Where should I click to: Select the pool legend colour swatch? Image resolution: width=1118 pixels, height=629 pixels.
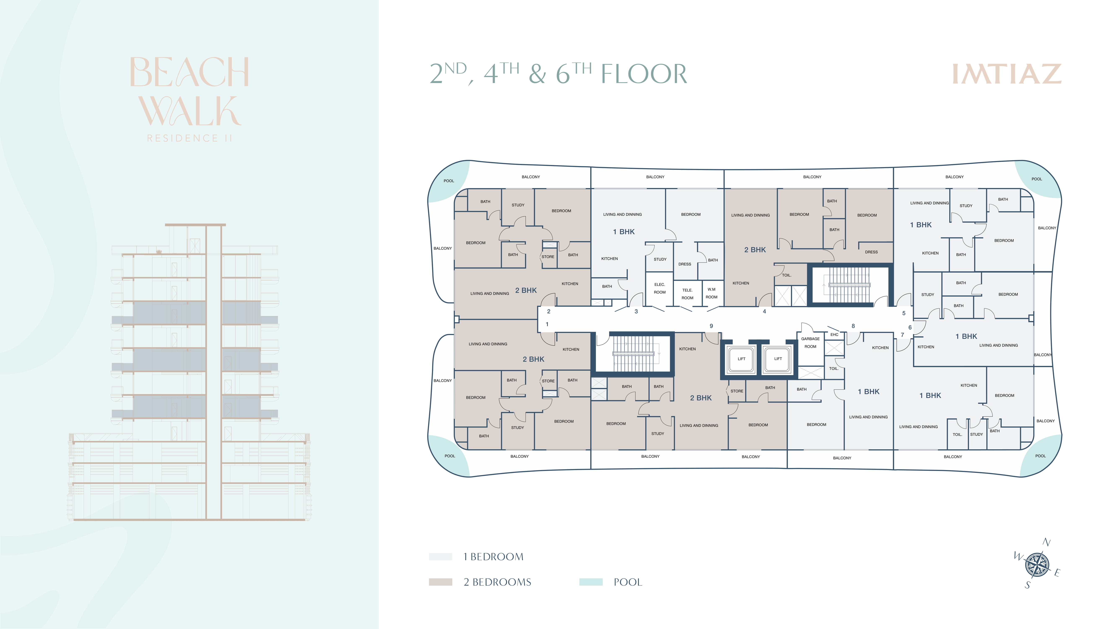click(x=591, y=582)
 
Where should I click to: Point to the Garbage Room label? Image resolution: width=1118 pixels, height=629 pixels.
click(x=810, y=343)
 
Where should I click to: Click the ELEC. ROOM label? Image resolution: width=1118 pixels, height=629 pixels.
click(x=660, y=288)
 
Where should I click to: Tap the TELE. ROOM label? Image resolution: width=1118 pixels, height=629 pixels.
click(x=687, y=294)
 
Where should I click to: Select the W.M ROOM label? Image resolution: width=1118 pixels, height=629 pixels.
click(x=711, y=293)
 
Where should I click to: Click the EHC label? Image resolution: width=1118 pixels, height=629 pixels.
click(x=834, y=335)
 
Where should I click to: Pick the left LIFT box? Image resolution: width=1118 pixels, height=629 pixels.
click(x=741, y=359)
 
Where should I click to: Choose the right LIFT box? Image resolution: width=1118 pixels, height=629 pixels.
click(x=778, y=359)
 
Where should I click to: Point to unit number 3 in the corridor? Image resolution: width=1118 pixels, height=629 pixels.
click(x=636, y=311)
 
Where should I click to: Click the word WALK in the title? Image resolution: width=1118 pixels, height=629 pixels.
click(x=190, y=111)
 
